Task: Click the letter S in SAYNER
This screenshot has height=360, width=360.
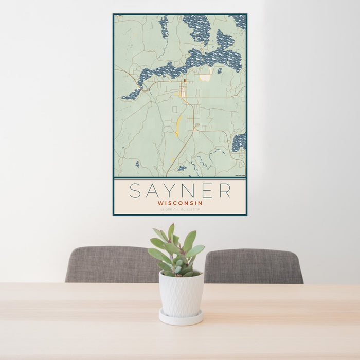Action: [135, 190]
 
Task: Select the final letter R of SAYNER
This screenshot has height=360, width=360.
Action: [225, 190]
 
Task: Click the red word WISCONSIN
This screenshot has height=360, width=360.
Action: [180, 203]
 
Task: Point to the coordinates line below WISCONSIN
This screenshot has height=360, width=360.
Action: [180, 209]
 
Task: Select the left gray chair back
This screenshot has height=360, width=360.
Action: [111, 264]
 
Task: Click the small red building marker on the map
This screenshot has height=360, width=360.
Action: [185, 81]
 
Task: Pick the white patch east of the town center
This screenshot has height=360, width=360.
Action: [206, 77]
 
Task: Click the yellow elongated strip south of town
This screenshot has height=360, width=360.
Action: [178, 125]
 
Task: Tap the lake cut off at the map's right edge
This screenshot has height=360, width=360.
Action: [239, 142]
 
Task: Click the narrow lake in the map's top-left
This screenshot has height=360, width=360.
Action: [164, 27]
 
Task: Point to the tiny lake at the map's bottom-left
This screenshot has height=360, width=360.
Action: [137, 164]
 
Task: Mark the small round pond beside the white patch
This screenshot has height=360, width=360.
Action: [219, 70]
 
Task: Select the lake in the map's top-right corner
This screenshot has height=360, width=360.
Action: [239, 21]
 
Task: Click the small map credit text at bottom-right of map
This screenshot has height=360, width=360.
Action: [240, 175]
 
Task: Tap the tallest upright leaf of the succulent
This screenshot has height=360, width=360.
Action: [171, 232]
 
